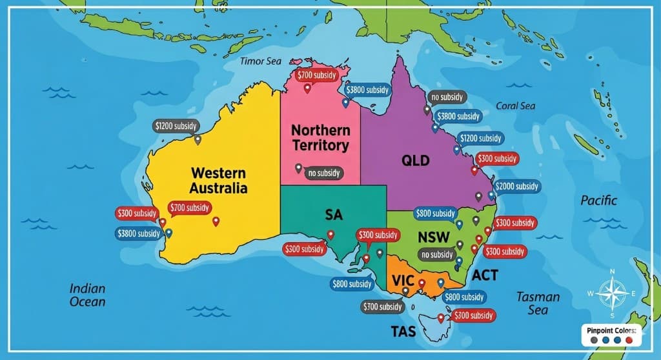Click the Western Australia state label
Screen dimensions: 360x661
(218, 181)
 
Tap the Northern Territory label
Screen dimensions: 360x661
(321, 137)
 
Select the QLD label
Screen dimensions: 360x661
(415, 161)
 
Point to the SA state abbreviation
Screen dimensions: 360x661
(334, 214)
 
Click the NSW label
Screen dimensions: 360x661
(433, 236)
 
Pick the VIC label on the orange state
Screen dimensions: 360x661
(403, 281)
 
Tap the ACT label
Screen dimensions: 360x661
(485, 275)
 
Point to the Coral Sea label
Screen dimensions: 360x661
(515, 106)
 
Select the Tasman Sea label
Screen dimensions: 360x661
(538, 303)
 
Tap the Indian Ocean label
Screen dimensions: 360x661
(88, 295)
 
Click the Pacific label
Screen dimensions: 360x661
(598, 200)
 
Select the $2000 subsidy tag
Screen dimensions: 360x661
(518, 186)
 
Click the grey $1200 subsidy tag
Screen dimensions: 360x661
(176, 126)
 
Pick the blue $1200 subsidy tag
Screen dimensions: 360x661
(480, 138)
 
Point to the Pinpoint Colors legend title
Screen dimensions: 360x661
(611, 330)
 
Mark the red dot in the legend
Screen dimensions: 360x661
(629, 340)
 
